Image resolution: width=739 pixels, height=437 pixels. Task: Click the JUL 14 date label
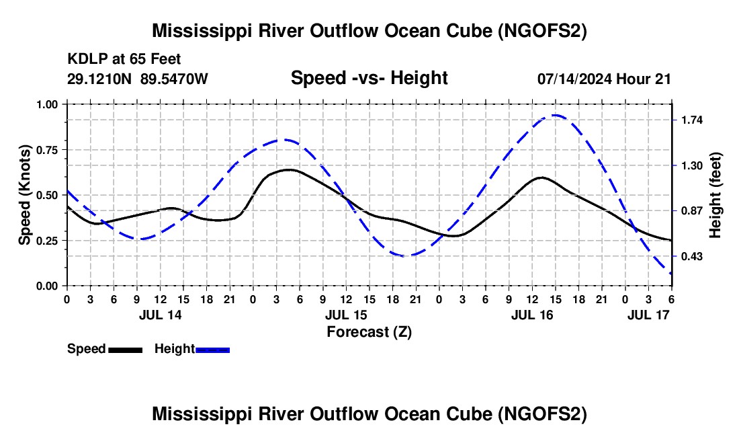click(x=160, y=315)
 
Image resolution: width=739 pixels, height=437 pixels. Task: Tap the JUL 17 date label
click(x=649, y=315)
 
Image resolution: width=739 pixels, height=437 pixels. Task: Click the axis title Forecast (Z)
click(x=369, y=331)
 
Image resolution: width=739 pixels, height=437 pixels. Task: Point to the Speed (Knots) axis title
click(x=24, y=195)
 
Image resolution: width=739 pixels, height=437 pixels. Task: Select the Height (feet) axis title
click(x=715, y=195)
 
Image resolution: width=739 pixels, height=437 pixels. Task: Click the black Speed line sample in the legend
click(x=125, y=350)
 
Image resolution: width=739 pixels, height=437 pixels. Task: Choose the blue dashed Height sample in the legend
click(x=212, y=350)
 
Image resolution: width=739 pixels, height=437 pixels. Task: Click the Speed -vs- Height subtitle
click(x=369, y=78)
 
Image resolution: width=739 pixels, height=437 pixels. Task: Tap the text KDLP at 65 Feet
click(x=124, y=60)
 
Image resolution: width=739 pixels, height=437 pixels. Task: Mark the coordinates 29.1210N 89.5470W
click(x=138, y=79)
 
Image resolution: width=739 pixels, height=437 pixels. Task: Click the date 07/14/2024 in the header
click(x=574, y=79)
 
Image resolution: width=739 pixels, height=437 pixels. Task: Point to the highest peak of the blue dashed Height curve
click(x=555, y=115)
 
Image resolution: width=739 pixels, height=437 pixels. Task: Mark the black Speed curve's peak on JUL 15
click(x=288, y=169)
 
